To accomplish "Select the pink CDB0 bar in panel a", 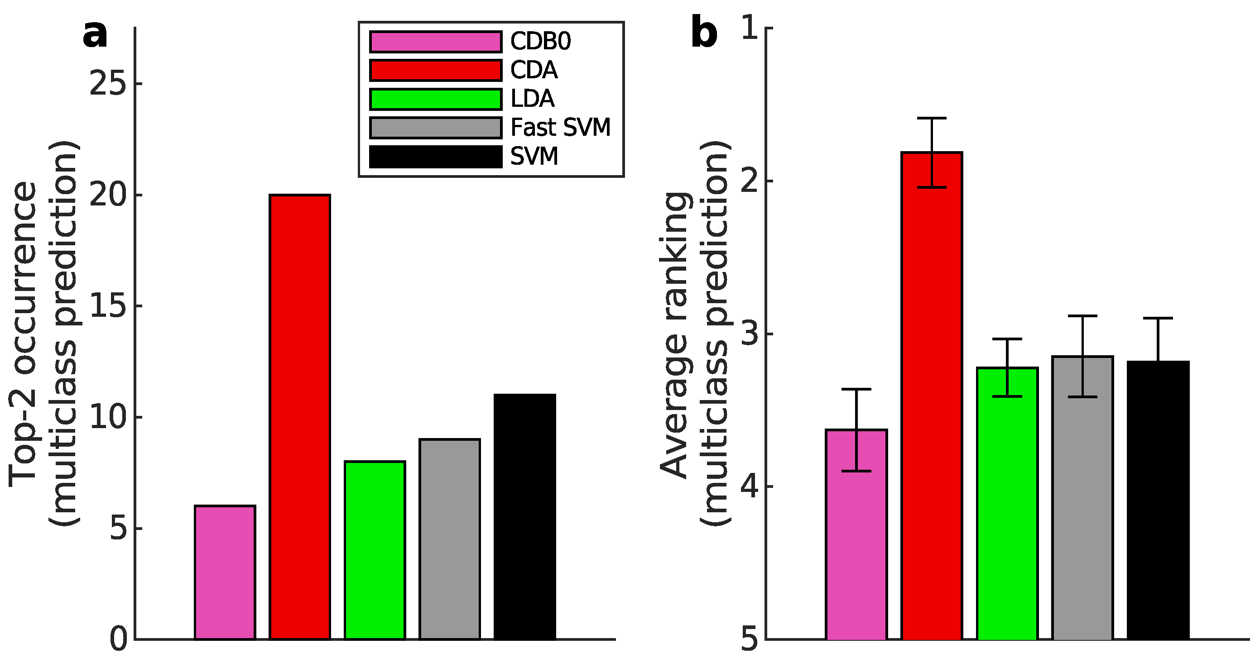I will point(225,572).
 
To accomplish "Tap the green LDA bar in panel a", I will point(375,550).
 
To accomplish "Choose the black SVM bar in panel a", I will point(525,516).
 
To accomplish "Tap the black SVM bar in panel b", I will point(1158,501).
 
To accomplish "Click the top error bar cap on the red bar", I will point(932,118).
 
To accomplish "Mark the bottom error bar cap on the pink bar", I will point(856,471).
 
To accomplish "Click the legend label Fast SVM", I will point(560,128).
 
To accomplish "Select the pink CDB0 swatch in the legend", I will point(436,42).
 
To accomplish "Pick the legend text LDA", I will point(532,99).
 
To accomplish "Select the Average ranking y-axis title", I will point(675,336).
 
